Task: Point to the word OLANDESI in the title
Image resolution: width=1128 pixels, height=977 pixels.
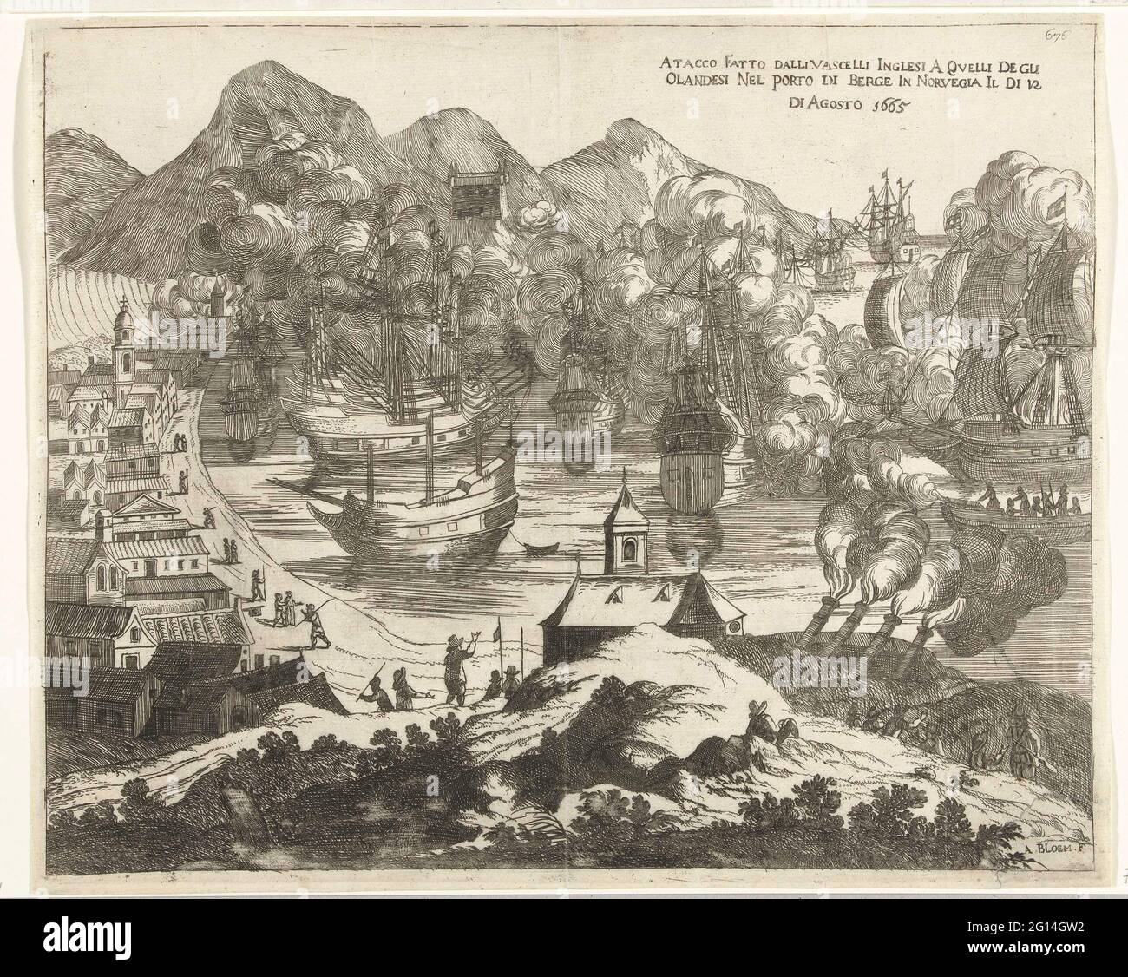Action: point(692,85)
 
